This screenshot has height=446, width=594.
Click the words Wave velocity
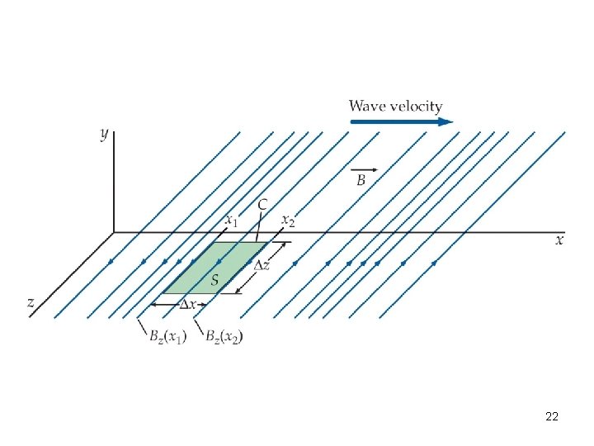pyautogui.click(x=395, y=107)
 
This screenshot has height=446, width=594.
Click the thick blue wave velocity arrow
pyautogui.click(x=402, y=121)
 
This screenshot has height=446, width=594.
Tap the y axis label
pyautogui.click(x=105, y=133)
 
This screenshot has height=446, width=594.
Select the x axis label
pyautogui.click(x=559, y=240)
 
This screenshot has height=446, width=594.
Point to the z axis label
pyautogui.click(x=31, y=303)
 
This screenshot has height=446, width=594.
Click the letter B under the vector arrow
pyautogui.click(x=361, y=181)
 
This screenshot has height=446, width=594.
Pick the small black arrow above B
pyautogui.click(x=364, y=169)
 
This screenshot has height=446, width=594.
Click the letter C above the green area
pyautogui.click(x=262, y=204)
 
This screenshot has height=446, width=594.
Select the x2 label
pyautogui.click(x=288, y=221)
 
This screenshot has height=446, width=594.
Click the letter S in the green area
pyautogui.click(x=215, y=280)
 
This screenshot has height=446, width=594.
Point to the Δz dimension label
pyautogui.click(x=261, y=265)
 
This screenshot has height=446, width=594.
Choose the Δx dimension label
pyautogui.click(x=189, y=304)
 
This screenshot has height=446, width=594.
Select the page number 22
pyautogui.click(x=552, y=417)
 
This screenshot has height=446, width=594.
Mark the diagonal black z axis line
pyautogui.click(x=74, y=273)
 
